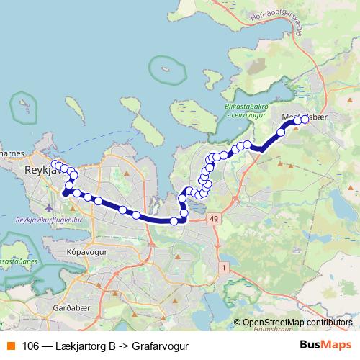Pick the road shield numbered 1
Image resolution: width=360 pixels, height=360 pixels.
click(225, 268)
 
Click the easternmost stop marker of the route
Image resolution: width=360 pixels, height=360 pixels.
click(304, 120)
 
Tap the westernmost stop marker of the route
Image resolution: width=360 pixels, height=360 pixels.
click(55, 163)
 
